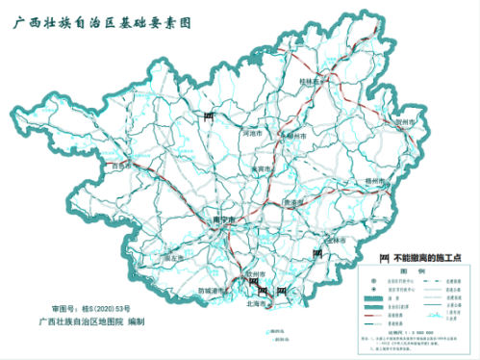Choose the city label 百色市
pos(121,166)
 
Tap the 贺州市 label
pos(404,123)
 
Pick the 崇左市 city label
pos(174,258)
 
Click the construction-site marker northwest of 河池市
pos(208,116)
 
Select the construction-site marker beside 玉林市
pos(317,254)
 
